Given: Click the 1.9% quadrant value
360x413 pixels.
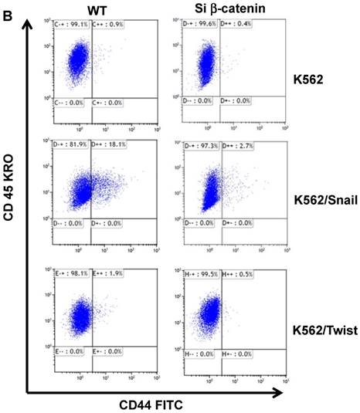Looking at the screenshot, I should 109,273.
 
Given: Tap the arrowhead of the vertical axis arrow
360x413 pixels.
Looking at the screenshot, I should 29,24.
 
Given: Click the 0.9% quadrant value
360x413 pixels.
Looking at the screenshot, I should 109,25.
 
